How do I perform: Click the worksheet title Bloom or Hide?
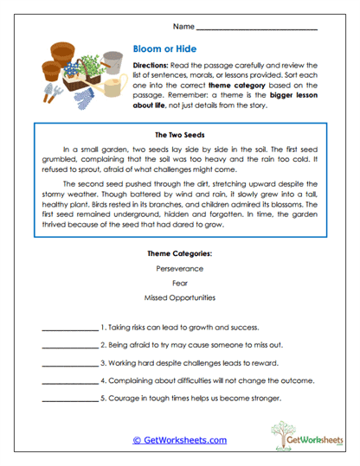[164, 50]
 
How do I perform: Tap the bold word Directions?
[151, 65]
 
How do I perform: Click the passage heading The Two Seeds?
[180, 136]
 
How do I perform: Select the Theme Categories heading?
[180, 253]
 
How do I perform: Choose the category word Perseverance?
[180, 269]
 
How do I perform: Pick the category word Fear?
[180, 283]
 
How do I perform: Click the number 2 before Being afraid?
[103, 346]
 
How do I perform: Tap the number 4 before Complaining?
[103, 380]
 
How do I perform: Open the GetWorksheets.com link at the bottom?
[180, 440]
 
